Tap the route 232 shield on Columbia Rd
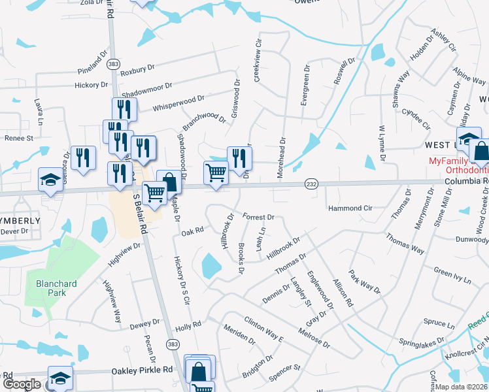pyautogui.click(x=311, y=185)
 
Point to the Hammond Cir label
pyautogui.click(x=350, y=208)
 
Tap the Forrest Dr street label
pyautogui.click(x=258, y=216)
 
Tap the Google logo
pyautogui.click(x=21, y=384)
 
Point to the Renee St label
pyautogui.click(x=19, y=139)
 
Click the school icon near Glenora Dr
pyautogui.click(x=50, y=179)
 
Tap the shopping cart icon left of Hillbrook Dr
pyautogui.click(x=216, y=172)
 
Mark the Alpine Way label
pyautogui.click(x=469, y=75)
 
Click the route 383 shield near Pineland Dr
pyautogui.click(x=114, y=63)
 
